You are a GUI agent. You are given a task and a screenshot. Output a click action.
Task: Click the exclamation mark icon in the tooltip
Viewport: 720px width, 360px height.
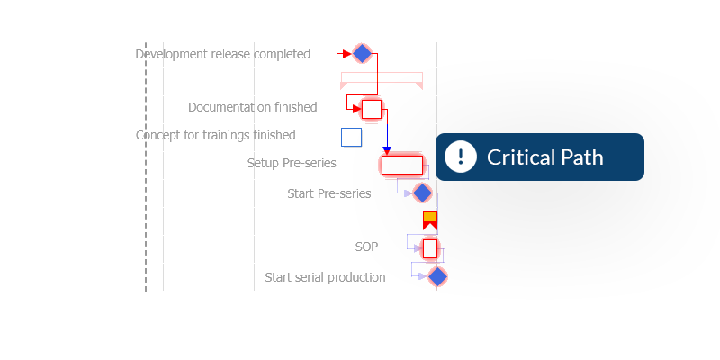pyautogui.click(x=461, y=157)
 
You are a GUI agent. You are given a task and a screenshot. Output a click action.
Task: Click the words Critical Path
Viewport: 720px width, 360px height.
pyautogui.click(x=544, y=157)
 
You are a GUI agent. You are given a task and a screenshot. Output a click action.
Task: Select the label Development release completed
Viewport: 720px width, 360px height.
pyautogui.click(x=222, y=54)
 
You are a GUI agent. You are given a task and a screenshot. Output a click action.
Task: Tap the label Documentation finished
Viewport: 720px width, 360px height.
pyautogui.click(x=252, y=107)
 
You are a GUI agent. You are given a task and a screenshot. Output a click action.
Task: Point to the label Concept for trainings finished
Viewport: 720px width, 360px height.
pyautogui.click(x=215, y=135)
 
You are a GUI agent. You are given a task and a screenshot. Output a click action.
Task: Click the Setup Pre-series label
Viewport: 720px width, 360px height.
pyautogui.click(x=292, y=163)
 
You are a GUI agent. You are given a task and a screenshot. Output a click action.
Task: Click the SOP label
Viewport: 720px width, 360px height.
pyautogui.click(x=366, y=246)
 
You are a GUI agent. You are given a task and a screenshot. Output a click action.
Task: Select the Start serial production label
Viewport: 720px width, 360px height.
pyautogui.click(x=325, y=277)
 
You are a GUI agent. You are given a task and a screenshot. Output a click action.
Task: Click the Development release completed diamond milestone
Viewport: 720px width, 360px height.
pyautogui.click(x=362, y=54)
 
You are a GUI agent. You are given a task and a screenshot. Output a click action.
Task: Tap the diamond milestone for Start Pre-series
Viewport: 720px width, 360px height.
pyautogui.click(x=422, y=193)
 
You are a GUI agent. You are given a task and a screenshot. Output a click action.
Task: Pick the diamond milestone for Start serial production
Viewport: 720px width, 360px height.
pyautogui.click(x=437, y=276)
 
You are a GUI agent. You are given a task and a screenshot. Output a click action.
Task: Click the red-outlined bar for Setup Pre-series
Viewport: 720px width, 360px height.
pyautogui.click(x=401, y=165)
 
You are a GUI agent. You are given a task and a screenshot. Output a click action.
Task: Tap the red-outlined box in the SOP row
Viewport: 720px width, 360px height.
pyautogui.click(x=430, y=247)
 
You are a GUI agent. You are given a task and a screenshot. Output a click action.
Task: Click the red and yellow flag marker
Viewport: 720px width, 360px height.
pyautogui.click(x=430, y=220)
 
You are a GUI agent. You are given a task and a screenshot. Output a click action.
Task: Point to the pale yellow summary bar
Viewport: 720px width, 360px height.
pyautogui.click(x=382, y=79)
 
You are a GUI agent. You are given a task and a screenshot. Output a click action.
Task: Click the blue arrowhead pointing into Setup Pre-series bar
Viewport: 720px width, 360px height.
pyautogui.click(x=387, y=149)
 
